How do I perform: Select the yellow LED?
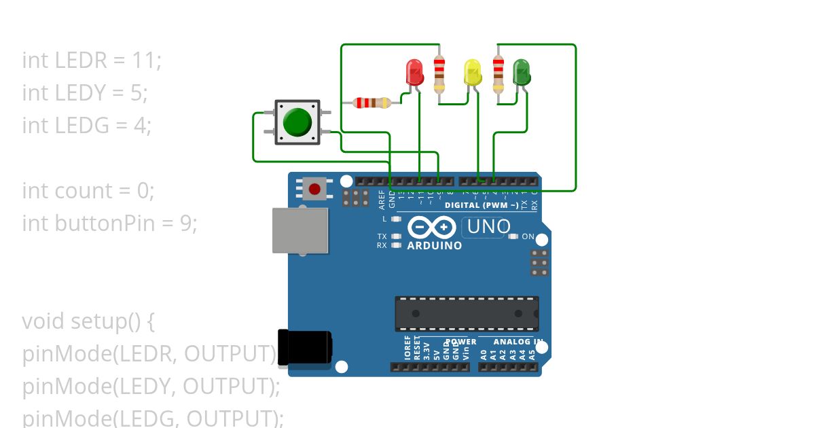[472, 72]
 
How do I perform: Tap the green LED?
[521, 72]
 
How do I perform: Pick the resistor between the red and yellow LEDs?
[439, 73]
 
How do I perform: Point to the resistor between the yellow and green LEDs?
[499, 73]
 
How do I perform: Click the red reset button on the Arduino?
[314, 188]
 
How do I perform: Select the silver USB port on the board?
[300, 230]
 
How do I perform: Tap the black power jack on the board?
[304, 346]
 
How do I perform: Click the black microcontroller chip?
[467, 313]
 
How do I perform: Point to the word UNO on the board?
[488, 227]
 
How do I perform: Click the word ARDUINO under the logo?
[434, 246]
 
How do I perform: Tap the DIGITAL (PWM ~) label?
[482, 205]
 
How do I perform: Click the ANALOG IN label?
[518, 342]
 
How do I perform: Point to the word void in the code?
[43, 321]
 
